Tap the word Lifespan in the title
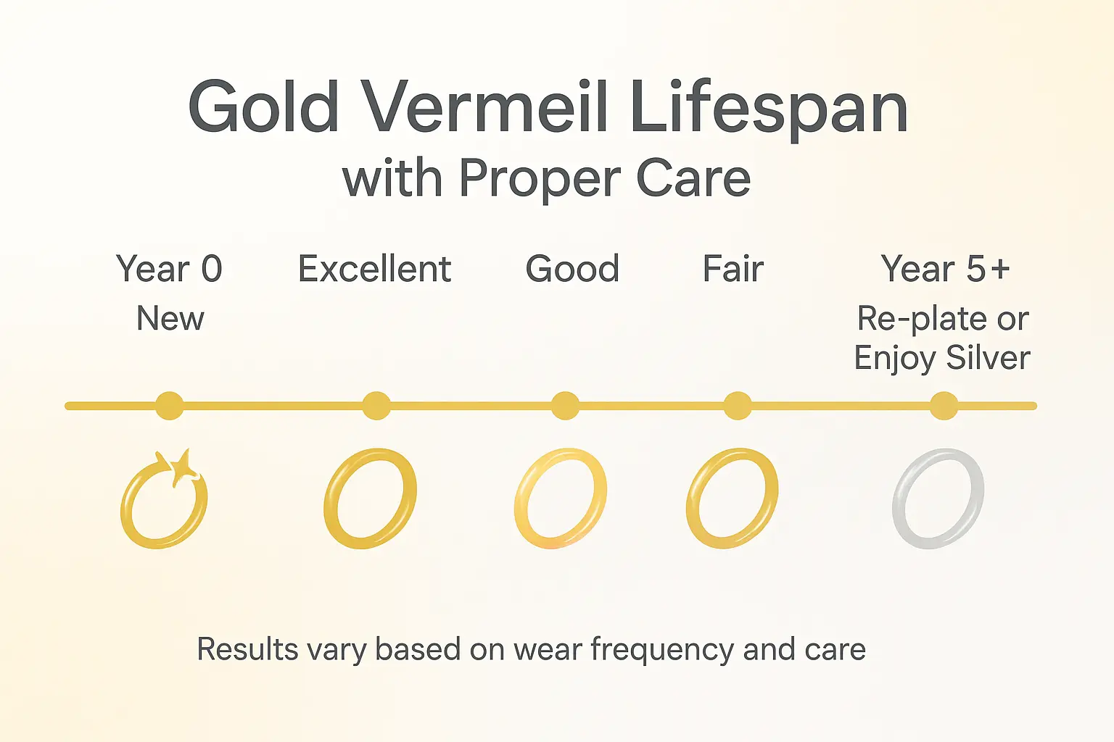click(x=770, y=110)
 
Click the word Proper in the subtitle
click(x=541, y=179)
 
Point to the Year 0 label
click(x=169, y=268)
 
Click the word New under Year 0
click(x=170, y=318)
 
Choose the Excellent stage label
click(x=374, y=268)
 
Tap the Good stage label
click(x=572, y=268)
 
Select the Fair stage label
click(x=733, y=268)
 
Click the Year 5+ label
click(x=946, y=268)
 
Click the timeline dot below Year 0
click(x=170, y=406)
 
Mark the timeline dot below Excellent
click(x=376, y=406)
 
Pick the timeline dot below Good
click(x=566, y=406)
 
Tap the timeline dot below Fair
click(x=738, y=406)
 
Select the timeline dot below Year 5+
click(x=944, y=406)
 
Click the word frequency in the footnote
click(x=661, y=650)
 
